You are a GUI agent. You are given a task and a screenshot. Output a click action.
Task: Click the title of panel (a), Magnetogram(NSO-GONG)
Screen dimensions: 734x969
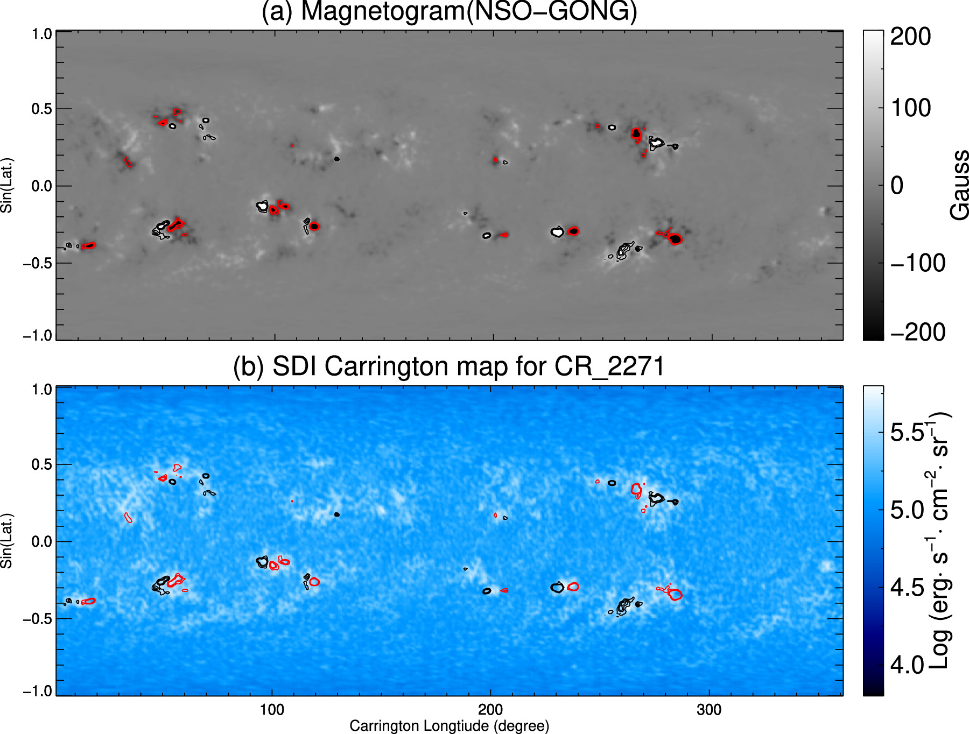click(449, 12)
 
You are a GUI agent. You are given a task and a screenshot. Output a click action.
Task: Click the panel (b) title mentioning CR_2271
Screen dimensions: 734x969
click(449, 367)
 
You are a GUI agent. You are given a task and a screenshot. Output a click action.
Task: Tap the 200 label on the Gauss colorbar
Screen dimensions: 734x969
click(910, 37)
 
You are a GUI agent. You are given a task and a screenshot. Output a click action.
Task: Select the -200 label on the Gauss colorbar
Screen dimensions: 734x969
click(917, 332)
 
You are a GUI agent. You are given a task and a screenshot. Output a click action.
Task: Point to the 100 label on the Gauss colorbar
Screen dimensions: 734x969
click(911, 108)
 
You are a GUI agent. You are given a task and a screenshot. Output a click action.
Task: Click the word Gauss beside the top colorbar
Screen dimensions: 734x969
click(959, 186)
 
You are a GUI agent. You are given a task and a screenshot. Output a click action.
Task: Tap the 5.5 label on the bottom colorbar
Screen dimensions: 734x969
click(908, 433)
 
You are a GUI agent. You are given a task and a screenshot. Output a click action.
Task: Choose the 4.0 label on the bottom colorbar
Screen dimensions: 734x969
click(907, 666)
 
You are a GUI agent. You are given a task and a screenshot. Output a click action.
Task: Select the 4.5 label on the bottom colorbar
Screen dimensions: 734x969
click(907, 588)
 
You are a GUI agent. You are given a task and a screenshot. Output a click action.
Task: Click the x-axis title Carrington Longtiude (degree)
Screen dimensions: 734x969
click(449, 726)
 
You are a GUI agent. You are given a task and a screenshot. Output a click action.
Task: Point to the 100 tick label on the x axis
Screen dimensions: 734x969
click(272, 710)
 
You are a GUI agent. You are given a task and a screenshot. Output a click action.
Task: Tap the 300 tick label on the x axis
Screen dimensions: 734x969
click(709, 710)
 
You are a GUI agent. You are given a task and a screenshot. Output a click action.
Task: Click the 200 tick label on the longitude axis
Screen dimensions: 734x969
click(490, 710)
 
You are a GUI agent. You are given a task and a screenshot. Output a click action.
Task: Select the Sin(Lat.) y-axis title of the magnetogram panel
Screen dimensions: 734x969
click(6, 186)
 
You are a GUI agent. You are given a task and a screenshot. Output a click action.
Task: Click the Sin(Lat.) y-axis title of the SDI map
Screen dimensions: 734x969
click(6, 541)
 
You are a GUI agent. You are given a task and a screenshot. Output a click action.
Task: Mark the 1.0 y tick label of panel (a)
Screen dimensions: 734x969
click(42, 34)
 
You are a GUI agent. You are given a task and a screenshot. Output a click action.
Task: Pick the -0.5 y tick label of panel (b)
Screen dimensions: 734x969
click(37, 619)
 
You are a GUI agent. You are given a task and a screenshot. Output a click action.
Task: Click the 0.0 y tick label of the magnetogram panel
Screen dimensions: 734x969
click(42, 186)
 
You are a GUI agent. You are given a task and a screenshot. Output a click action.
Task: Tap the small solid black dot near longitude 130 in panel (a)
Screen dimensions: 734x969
click(337, 159)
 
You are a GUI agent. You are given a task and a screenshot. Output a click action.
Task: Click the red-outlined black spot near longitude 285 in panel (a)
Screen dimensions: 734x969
click(676, 239)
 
